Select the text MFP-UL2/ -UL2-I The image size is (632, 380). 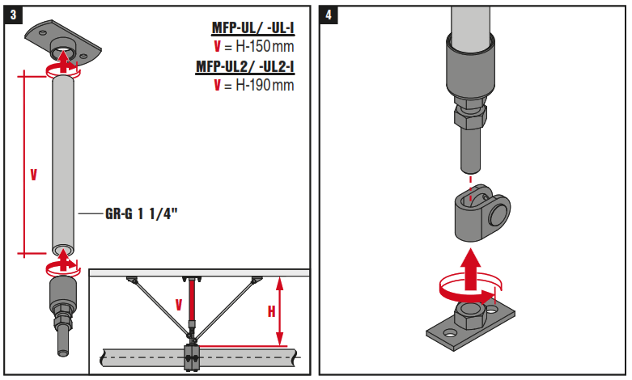click(x=245, y=66)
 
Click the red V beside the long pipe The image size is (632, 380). click(x=33, y=175)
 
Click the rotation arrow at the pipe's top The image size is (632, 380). click(x=62, y=70)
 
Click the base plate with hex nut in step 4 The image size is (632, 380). click(x=470, y=324)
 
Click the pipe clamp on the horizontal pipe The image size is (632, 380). click(x=192, y=358)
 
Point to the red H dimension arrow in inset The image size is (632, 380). click(x=279, y=310)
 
